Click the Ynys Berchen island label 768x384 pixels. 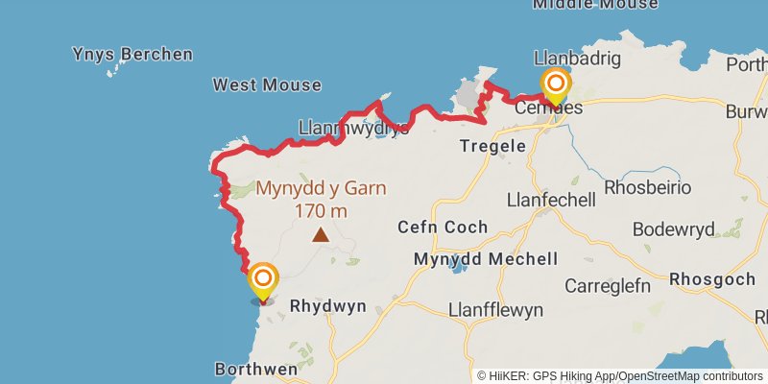click(132, 54)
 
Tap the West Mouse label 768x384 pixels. click(267, 84)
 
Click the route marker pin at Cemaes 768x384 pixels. click(555, 84)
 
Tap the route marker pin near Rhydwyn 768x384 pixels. click(263, 280)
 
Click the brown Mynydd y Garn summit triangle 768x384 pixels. click(321, 234)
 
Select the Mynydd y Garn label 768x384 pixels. click(321, 188)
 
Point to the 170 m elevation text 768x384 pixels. click(321, 211)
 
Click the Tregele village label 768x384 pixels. click(493, 147)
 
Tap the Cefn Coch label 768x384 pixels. click(443, 228)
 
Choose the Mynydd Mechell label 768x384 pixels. click(485, 259)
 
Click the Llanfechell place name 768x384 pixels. click(551, 200)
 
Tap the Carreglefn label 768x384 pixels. click(608, 286)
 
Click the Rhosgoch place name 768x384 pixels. click(714, 279)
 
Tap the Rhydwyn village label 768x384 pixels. click(327, 307)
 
